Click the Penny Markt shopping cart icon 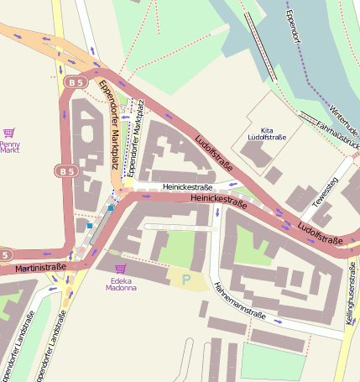(x=9, y=133)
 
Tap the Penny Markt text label (x=10, y=147)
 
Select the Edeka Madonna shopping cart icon (x=120, y=268)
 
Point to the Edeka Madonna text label (x=121, y=283)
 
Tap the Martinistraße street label (x=39, y=267)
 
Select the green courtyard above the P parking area (x=177, y=249)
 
